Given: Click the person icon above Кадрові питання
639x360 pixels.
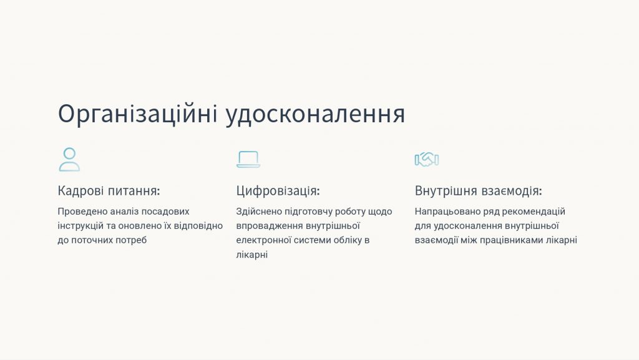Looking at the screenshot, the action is coord(69,159).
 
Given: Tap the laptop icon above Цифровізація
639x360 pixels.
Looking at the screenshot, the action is coord(248,159).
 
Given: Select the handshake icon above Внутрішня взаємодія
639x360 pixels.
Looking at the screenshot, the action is coord(427,159).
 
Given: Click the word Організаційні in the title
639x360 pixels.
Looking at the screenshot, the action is coord(137,114).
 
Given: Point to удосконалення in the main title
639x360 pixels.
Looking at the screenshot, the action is coord(315,114).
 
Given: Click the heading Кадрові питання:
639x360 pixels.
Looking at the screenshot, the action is coord(109,190).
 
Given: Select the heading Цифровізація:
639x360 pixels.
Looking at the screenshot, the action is coord(278,190).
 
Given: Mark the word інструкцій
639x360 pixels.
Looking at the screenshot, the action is coord(80,226).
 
